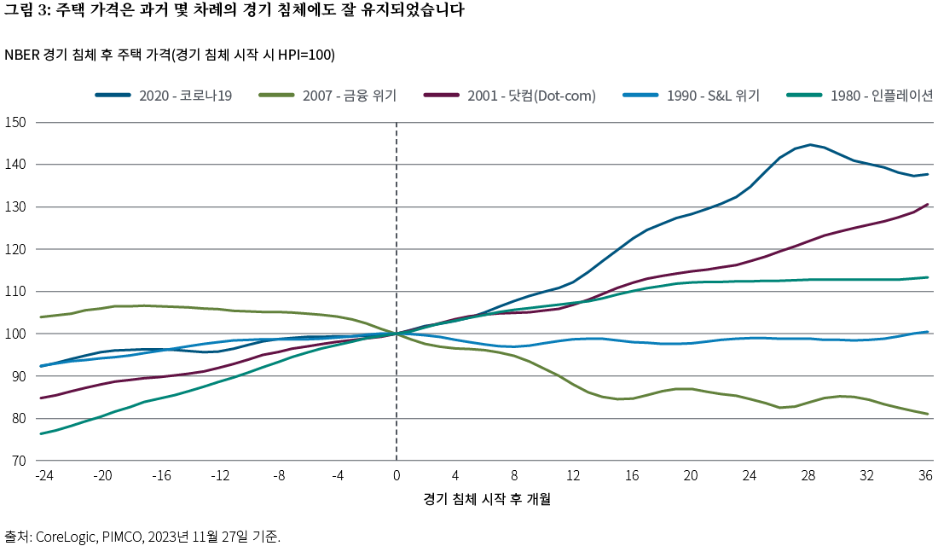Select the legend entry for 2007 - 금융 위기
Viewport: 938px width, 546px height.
[x=349, y=96]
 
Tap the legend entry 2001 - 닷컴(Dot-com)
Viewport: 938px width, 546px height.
[x=530, y=96]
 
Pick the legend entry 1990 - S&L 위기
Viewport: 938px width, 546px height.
[x=713, y=96]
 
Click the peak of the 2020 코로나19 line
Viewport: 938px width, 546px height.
[x=809, y=145]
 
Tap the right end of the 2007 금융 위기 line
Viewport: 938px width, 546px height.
[x=927, y=415]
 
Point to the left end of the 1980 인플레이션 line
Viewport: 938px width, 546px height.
[x=42, y=434]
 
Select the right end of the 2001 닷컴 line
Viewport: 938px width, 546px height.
[x=927, y=205]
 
